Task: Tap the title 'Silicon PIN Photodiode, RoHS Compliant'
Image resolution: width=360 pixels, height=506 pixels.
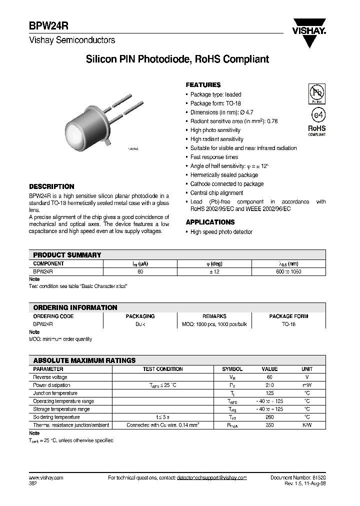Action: (177, 59)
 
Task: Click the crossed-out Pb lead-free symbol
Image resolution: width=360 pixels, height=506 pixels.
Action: (316, 93)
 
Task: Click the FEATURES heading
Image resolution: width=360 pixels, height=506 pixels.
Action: (203, 85)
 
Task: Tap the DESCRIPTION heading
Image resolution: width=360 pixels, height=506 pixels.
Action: (51, 186)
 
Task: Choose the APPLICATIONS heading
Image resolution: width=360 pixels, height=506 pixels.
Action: (210, 222)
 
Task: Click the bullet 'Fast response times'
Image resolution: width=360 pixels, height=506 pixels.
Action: (214, 157)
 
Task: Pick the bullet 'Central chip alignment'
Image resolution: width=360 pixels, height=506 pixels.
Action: (216, 192)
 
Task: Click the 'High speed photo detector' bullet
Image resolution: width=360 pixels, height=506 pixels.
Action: (221, 232)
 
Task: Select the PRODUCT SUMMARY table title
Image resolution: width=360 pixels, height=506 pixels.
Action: (67, 255)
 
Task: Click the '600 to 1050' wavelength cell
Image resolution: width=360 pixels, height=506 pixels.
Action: (288, 271)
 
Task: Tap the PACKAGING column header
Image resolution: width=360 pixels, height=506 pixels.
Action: (140, 316)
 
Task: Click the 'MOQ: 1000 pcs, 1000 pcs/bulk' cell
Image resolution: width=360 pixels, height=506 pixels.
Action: (214, 324)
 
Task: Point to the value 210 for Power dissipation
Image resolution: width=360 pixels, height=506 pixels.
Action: (269, 385)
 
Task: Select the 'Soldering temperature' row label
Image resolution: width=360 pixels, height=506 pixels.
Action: (56, 417)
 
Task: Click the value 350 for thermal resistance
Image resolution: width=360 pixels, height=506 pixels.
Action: (269, 425)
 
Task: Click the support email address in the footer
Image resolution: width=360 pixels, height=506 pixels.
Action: (211, 478)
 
